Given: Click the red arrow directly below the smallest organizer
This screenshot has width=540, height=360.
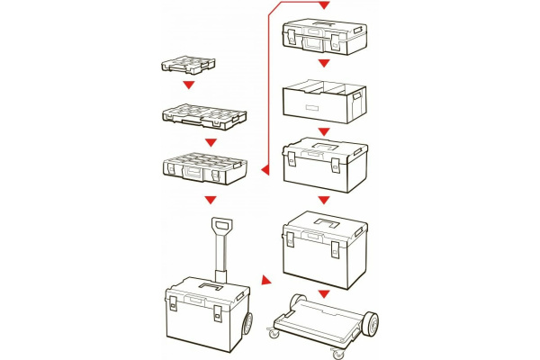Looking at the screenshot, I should [x=188, y=86].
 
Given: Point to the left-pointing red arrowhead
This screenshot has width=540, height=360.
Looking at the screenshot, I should [x=264, y=168].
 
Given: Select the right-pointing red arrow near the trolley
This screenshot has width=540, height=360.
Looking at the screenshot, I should [x=265, y=282].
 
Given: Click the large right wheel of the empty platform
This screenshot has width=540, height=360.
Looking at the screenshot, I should [x=373, y=327].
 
